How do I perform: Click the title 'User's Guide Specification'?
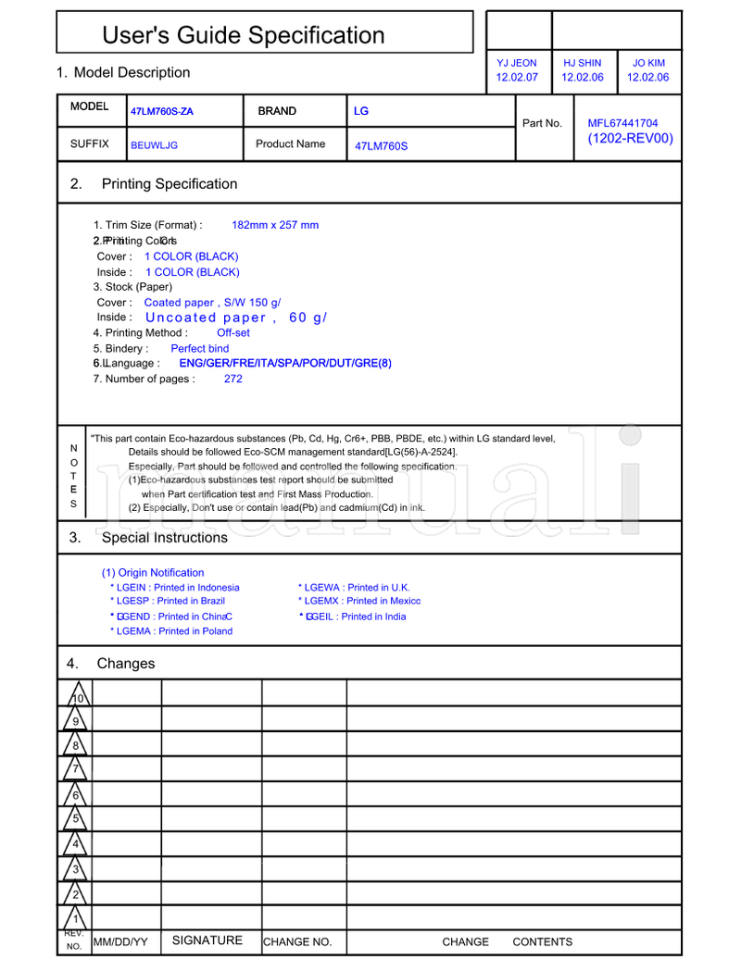tap(243, 35)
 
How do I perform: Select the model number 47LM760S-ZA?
tap(162, 112)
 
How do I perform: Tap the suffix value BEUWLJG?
tap(154, 145)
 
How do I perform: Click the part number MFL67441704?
tap(622, 123)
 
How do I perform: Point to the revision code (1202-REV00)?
tap(630, 139)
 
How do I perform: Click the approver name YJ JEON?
tap(517, 63)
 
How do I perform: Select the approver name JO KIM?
tap(648, 63)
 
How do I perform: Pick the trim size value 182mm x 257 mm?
tap(275, 225)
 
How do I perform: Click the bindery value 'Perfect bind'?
tap(199, 349)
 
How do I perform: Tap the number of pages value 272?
tap(233, 379)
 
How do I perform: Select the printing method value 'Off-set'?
tap(233, 333)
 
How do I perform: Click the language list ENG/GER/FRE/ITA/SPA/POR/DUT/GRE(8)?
tap(285, 364)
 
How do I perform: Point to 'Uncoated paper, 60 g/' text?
tap(236, 318)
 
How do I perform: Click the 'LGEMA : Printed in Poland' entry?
tap(171, 631)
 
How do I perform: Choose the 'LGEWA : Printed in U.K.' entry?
tap(354, 588)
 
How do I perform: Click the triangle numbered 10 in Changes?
tap(78, 697)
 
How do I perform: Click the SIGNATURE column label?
tap(207, 940)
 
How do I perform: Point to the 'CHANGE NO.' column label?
tap(297, 942)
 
